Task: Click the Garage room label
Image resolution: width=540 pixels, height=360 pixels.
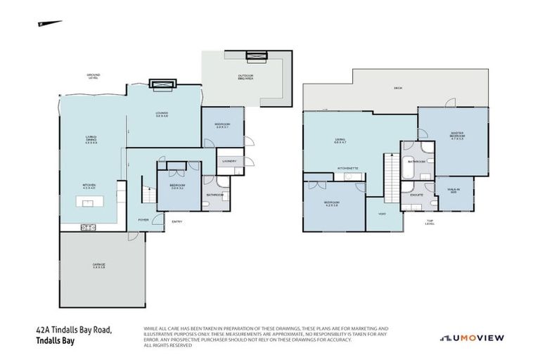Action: (x=98, y=266)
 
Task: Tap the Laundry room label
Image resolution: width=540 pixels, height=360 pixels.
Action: (x=229, y=161)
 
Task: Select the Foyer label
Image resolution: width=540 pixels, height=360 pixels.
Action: (x=143, y=219)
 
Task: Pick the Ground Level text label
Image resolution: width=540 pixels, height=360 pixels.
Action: (x=93, y=77)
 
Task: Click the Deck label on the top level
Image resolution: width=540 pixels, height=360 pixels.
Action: (x=398, y=88)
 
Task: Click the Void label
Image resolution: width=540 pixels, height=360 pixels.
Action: (x=382, y=214)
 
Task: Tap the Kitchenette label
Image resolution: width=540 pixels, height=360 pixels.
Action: (x=348, y=169)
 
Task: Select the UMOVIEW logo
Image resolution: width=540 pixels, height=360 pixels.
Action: (x=472, y=337)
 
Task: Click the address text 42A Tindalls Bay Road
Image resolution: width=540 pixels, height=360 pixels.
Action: (x=74, y=330)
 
